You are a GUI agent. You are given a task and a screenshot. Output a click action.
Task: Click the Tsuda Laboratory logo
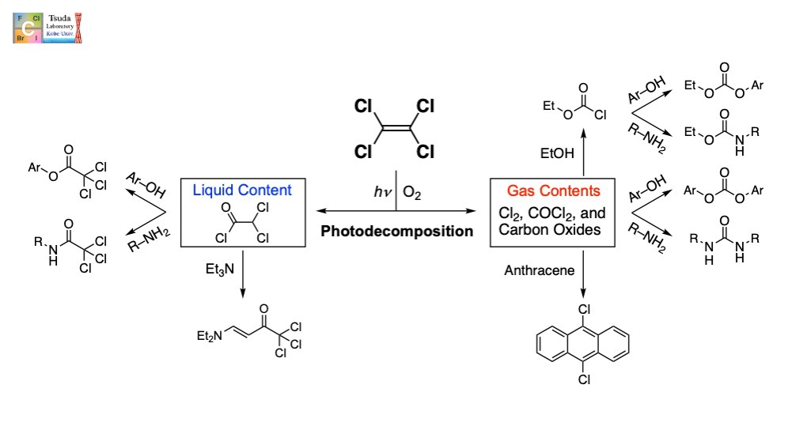pos(47,28)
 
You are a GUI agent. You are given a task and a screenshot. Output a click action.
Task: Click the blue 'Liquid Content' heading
pos(242,191)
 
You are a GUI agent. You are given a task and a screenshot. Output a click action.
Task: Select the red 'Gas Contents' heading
pos(554,191)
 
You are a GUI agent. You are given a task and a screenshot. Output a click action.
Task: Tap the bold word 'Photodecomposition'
pos(396,232)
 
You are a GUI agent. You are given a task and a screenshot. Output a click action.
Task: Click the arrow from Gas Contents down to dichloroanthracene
pos(583,273)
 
